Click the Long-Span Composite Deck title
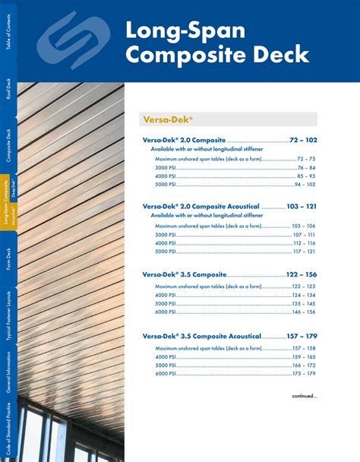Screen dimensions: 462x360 (216, 43)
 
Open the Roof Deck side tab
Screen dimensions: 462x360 (8, 89)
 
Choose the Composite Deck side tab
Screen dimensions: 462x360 (8, 146)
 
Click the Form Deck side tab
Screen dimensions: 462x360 (8, 259)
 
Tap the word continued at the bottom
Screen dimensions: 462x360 (305, 396)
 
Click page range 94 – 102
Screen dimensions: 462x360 (305, 185)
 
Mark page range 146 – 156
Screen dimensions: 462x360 (304, 312)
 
